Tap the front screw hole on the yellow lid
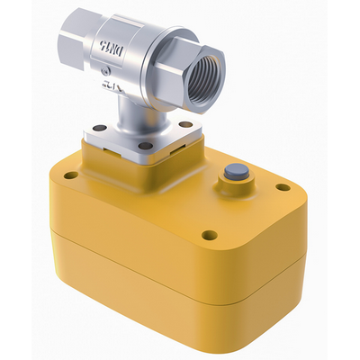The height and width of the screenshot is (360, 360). coord(209,236)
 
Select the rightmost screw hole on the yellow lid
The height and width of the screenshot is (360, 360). coord(283,188)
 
